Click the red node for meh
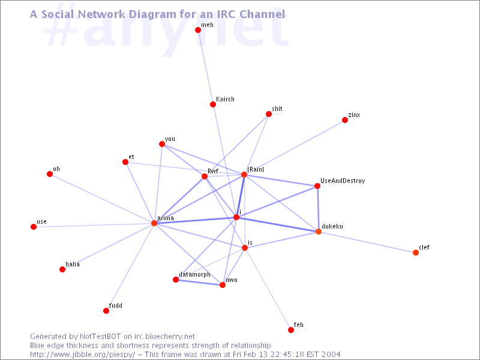(x=198, y=30)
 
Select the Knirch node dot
(x=213, y=104)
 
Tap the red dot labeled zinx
(x=344, y=120)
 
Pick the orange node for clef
(x=415, y=253)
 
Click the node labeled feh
(x=291, y=330)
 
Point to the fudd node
(x=106, y=311)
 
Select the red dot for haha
(x=62, y=269)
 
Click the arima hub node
(x=154, y=223)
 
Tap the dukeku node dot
(x=319, y=232)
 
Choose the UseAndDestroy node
(x=317, y=186)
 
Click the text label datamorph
(x=194, y=275)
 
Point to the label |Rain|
(x=256, y=169)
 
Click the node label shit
(x=277, y=109)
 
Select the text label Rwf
(x=213, y=171)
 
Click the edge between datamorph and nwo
(x=199, y=282)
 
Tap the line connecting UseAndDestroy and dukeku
(x=318, y=209)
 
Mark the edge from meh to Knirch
(x=205, y=67)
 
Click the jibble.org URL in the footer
(x=82, y=355)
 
